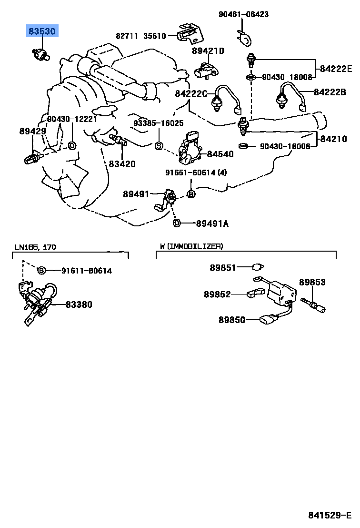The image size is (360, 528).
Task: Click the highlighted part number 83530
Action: click(42, 32)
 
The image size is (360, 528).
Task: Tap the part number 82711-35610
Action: click(140, 36)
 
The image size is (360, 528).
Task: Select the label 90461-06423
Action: click(243, 14)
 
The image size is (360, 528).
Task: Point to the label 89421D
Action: click(208, 51)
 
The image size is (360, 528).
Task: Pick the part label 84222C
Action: click(191, 93)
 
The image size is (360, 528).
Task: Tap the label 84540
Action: click(220, 154)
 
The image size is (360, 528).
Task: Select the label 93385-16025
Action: click(158, 122)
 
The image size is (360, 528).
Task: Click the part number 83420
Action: click(122, 164)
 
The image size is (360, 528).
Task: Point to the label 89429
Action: click(32, 131)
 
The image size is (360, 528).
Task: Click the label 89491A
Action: click(212, 223)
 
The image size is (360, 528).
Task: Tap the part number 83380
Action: click(79, 304)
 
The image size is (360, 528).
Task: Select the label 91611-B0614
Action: click(86, 271)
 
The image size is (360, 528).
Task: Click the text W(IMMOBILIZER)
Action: click(191, 246)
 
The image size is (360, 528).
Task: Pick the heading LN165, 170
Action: click(35, 247)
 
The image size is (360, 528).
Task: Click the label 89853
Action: click(312, 282)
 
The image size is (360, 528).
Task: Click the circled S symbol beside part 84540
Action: click(159, 145)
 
